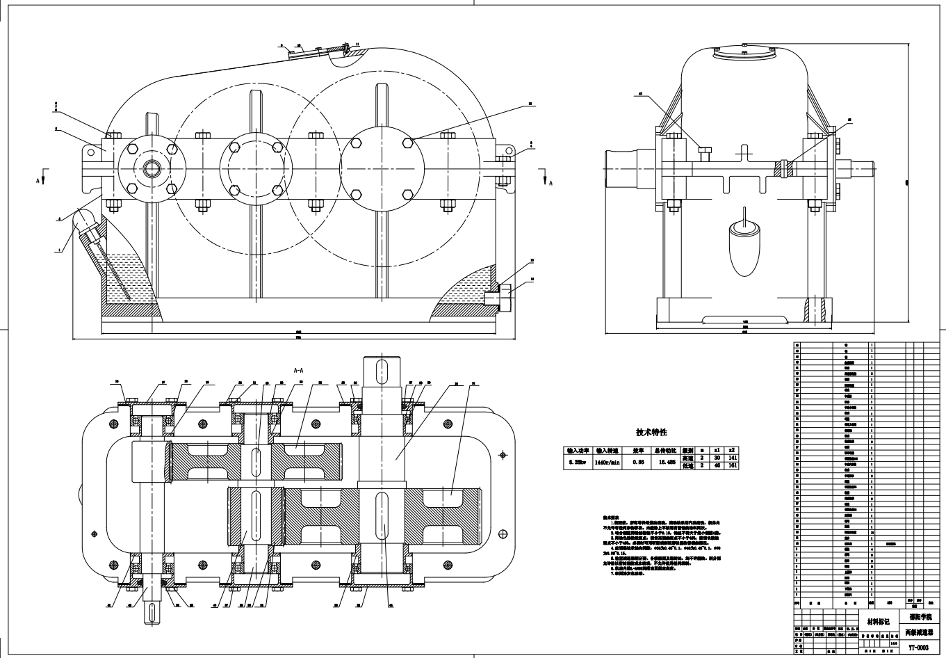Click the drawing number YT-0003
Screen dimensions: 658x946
(x=918, y=647)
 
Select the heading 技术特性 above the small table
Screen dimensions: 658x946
(x=651, y=432)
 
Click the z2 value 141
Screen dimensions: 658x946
(x=732, y=458)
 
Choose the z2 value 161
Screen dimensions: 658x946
(x=732, y=465)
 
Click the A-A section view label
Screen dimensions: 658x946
(x=298, y=371)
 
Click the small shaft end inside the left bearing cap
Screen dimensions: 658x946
(x=152, y=168)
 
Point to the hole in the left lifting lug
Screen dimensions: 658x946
(x=89, y=150)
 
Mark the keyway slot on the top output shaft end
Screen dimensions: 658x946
(x=380, y=369)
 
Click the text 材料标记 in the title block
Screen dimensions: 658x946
(x=878, y=621)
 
